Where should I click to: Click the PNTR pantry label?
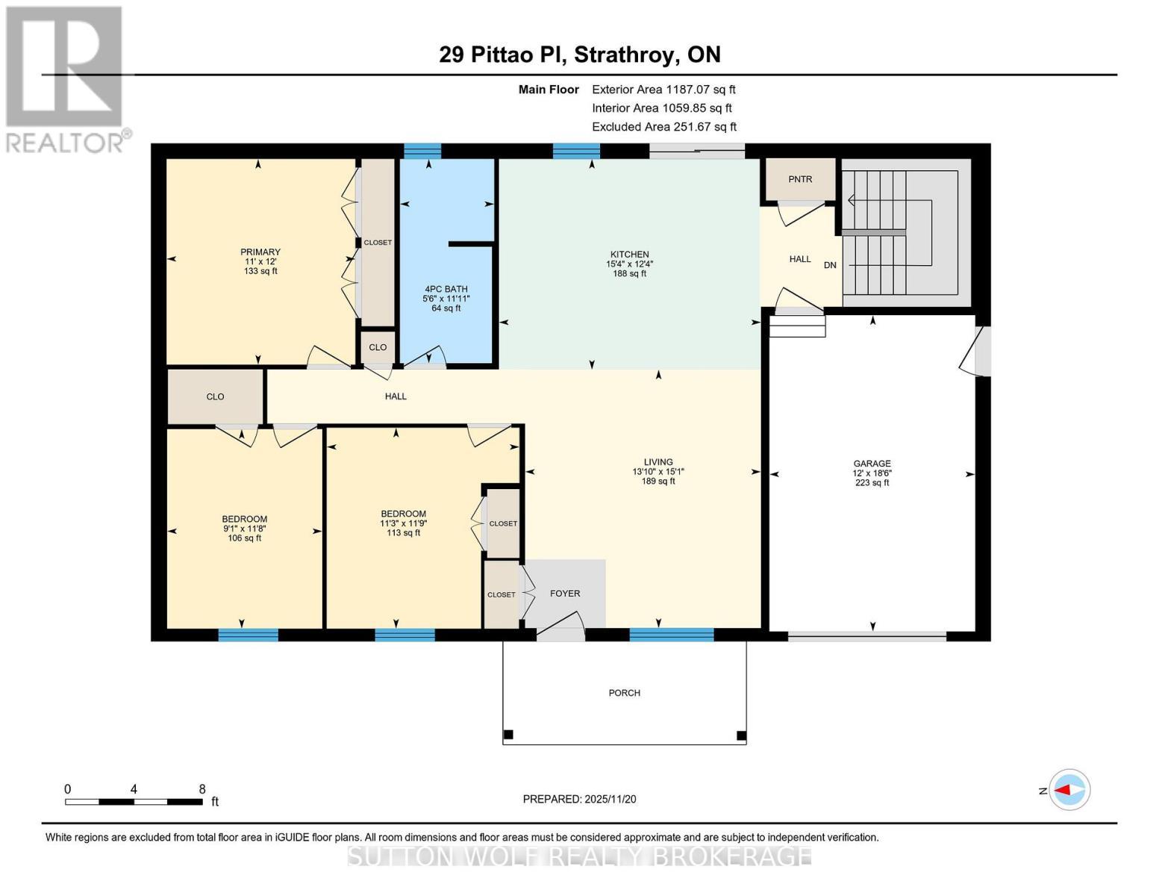(800, 179)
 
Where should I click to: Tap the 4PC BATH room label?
(446, 289)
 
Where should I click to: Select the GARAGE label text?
(872, 463)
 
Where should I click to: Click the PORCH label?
(624, 693)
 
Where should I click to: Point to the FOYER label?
(565, 594)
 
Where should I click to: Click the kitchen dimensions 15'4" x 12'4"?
(629, 264)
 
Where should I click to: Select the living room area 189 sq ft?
(658, 482)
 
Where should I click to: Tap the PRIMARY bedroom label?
(260, 252)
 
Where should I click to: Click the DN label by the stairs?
(830, 265)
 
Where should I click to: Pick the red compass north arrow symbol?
(1070, 790)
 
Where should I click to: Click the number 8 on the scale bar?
(202, 789)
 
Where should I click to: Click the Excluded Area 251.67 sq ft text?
(663, 127)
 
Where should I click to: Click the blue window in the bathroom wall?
(422, 152)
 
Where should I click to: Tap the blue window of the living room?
(672, 635)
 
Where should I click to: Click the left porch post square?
(508, 735)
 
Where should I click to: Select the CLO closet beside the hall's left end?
(215, 396)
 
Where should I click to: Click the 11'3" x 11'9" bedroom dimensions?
(403, 523)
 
